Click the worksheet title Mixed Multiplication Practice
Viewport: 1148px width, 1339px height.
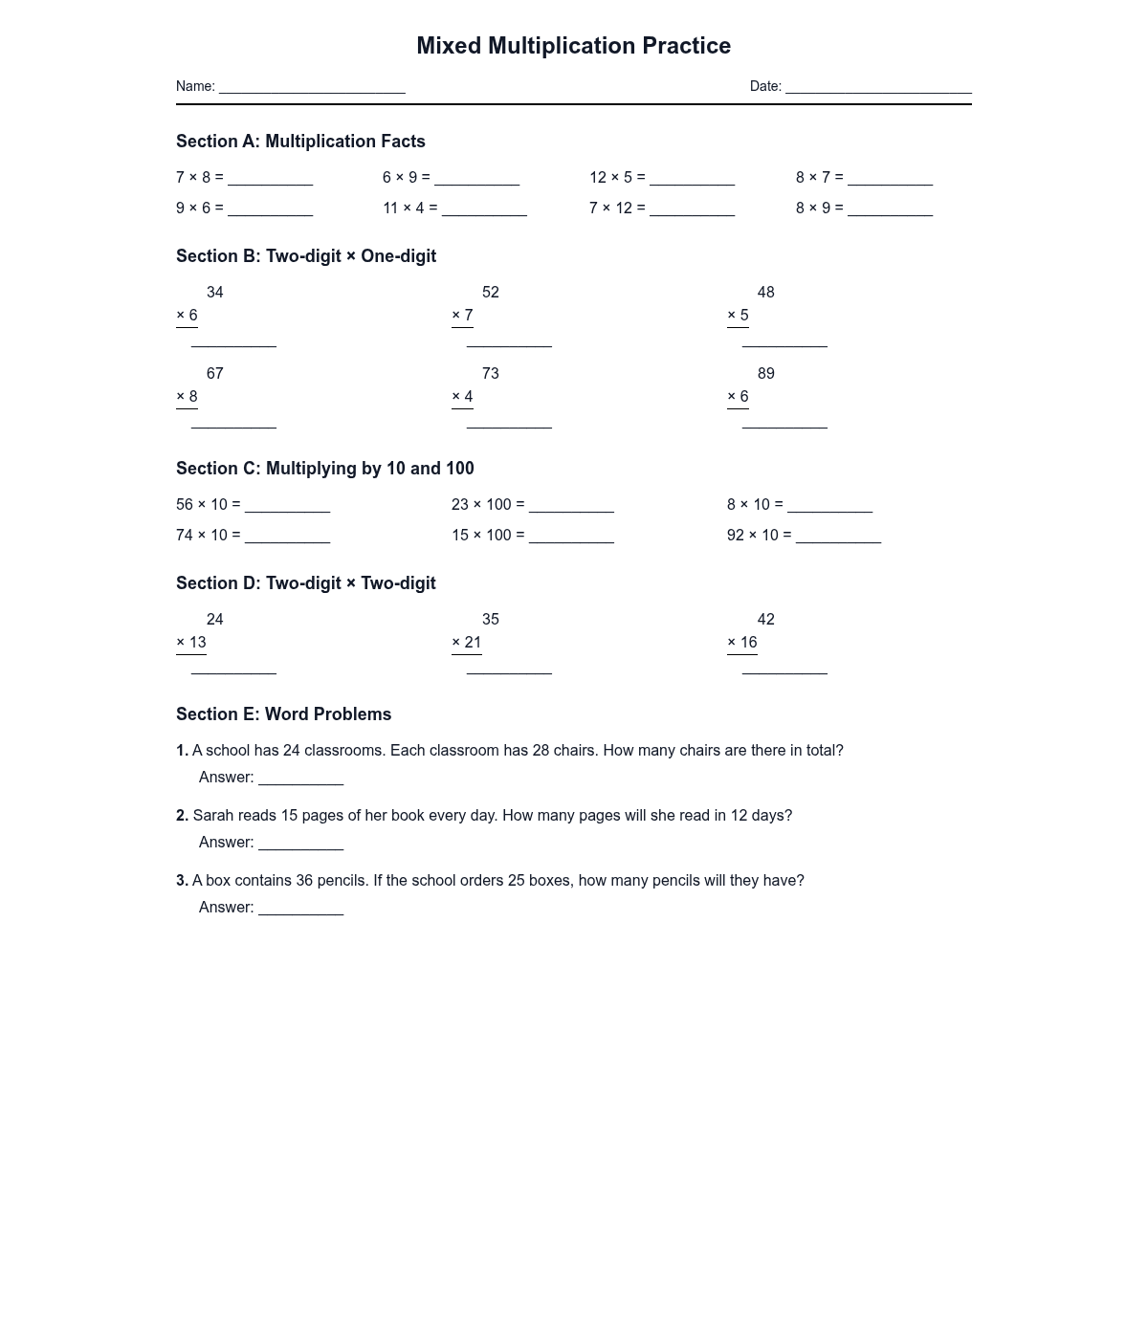click(x=573, y=46)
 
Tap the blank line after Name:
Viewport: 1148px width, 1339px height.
click(x=312, y=88)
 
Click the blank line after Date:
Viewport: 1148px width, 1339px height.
click(x=878, y=88)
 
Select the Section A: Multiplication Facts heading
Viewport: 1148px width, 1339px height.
click(x=300, y=142)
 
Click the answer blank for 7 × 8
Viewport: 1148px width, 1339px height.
click(x=270, y=180)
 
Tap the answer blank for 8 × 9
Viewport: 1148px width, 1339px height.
click(x=890, y=210)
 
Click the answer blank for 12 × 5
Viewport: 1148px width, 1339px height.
click(x=692, y=180)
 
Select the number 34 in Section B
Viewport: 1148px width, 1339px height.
click(x=215, y=293)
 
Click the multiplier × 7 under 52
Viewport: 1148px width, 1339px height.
click(x=462, y=316)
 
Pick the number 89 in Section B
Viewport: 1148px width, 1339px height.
click(x=766, y=374)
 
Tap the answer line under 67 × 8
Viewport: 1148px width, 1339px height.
click(x=233, y=426)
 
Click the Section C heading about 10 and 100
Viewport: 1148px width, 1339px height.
click(x=325, y=469)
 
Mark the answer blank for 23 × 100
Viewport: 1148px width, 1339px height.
click(x=571, y=507)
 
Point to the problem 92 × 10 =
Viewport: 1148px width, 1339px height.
click(x=759, y=536)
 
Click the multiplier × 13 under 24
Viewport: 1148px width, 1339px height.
click(x=191, y=643)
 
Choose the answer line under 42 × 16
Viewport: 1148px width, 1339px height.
click(x=784, y=671)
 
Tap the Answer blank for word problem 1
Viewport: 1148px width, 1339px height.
click(x=300, y=780)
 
